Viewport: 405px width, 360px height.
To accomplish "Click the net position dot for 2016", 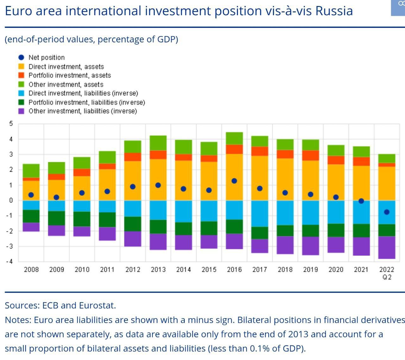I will pyautogui.click(x=234, y=181).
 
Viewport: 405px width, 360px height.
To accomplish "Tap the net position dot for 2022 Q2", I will pyautogui.click(x=387, y=212).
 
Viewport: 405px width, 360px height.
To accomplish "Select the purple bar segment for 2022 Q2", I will pyautogui.click(x=387, y=247).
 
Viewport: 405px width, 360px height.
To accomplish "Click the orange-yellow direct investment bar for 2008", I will pyautogui.click(x=31, y=190).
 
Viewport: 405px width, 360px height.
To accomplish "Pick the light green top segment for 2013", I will pyautogui.click(x=158, y=143).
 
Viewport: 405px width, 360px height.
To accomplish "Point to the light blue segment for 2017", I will pyautogui.click(x=260, y=213).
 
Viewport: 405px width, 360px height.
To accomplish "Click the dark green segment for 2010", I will pyautogui.click(x=82, y=219).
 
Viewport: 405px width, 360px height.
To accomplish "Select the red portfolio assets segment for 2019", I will pyautogui.click(x=310, y=155).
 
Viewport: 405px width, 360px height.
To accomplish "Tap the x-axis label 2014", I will pyautogui.click(x=184, y=269).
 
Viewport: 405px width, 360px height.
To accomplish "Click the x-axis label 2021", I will pyautogui.click(x=361, y=269).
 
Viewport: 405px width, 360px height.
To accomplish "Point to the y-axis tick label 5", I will pyautogui.click(x=11, y=123).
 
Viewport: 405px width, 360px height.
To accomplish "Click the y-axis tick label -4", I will pyautogui.click(x=9, y=262).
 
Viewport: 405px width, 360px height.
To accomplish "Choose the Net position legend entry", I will pyautogui.click(x=46, y=58).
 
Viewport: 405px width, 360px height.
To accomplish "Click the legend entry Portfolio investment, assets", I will pyautogui.click(x=70, y=75).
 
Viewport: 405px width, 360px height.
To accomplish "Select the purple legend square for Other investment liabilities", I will pyautogui.click(x=21, y=111).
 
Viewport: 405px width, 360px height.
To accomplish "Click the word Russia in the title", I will pyautogui.click(x=334, y=11).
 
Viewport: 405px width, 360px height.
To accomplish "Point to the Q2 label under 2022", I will pyautogui.click(x=387, y=277).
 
